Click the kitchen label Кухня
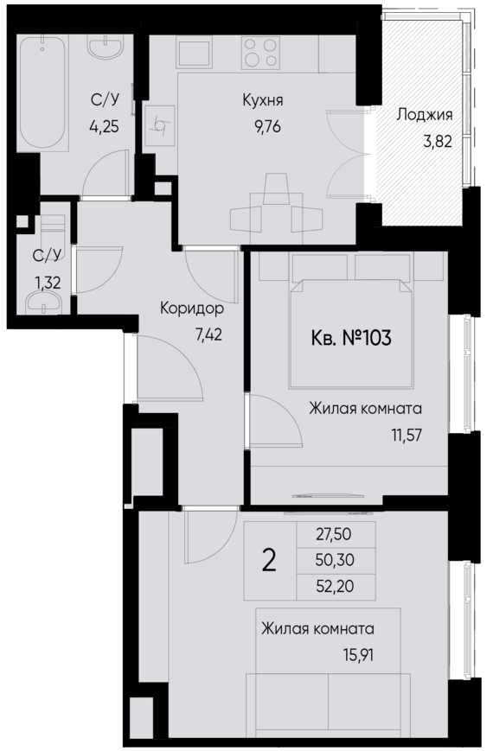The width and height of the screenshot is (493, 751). pos(263,101)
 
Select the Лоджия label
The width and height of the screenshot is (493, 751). pos(425,113)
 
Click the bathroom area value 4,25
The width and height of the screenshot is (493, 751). pos(105,124)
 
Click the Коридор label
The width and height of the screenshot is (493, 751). pos(192,309)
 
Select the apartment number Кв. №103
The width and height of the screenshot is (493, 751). pos(350,337)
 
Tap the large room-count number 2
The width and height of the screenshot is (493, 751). pos(269,561)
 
